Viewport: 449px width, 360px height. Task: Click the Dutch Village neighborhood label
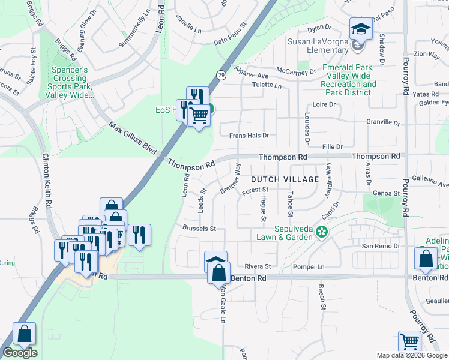click(x=285, y=179)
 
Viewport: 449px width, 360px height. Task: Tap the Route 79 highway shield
click(x=221, y=75)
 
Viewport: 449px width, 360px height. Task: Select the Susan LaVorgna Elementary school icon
click(x=360, y=29)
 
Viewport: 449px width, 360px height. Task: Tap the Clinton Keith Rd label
click(x=47, y=180)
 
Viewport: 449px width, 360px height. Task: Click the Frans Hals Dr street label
click(x=249, y=136)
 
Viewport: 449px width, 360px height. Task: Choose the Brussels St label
click(x=199, y=229)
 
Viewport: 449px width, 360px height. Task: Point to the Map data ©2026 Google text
click(x=412, y=355)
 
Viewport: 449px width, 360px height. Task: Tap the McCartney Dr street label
click(x=300, y=71)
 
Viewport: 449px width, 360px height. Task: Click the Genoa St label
click(x=386, y=193)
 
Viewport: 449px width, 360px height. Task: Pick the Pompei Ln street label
click(x=309, y=266)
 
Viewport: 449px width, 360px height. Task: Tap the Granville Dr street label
click(x=383, y=122)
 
